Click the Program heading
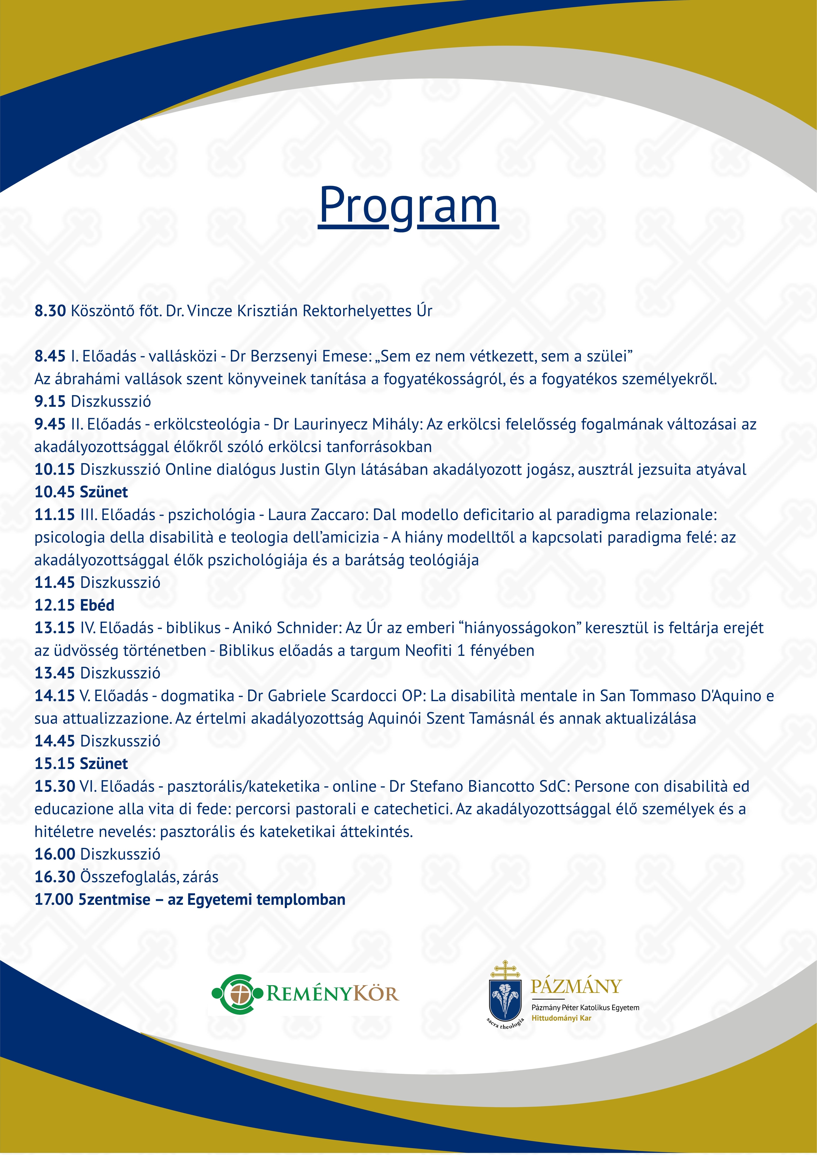(x=408, y=205)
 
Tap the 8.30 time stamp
(x=50, y=311)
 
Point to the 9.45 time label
(x=50, y=424)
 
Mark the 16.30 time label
(x=54, y=877)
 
